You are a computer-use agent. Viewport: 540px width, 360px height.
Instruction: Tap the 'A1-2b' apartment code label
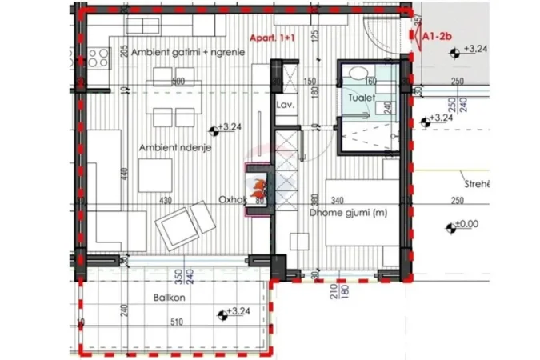tap(438, 36)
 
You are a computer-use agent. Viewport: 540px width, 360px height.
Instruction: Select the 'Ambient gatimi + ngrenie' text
tap(188, 51)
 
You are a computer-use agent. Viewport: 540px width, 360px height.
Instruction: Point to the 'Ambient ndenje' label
tap(170, 149)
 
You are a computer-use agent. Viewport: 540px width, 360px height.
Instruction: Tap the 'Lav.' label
tap(286, 105)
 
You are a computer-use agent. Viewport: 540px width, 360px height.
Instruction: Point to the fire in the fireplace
tap(258, 189)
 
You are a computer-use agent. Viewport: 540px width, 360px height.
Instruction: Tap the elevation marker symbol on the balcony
tap(220, 311)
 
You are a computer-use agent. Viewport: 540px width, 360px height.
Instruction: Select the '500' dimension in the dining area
tap(178, 81)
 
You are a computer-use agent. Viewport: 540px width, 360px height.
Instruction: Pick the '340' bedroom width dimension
tap(337, 200)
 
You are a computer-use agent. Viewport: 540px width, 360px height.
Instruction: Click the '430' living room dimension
tap(166, 200)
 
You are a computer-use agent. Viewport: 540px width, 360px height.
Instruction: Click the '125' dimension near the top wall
tap(315, 36)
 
